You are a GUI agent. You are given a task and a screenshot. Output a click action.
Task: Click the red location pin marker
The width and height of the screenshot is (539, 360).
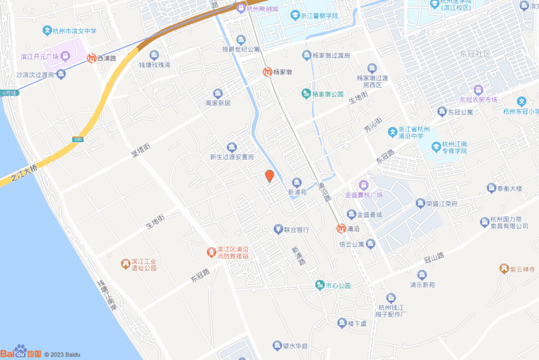pos(269,176)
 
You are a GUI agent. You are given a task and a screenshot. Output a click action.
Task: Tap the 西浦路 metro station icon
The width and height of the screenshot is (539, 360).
pos(91,58)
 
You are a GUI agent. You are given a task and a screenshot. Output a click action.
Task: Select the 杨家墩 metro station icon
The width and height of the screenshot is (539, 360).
pos(267,71)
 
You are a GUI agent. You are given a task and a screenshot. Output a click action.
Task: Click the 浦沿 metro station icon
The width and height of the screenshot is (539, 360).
pos(342,229)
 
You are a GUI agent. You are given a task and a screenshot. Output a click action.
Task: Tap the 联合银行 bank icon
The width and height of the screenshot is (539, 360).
pos(278,230)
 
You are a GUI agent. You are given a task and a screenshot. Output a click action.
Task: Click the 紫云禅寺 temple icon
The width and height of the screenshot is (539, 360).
pos(503,269)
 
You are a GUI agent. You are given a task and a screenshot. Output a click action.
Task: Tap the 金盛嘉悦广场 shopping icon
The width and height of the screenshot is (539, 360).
pos(363,184)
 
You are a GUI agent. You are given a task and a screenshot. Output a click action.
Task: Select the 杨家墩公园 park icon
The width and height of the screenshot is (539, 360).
pos(306,94)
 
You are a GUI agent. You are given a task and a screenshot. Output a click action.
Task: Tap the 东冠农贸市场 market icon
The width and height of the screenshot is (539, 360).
pos(478,89)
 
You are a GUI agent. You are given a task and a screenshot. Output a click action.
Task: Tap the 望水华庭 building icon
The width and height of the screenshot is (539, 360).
pos(277,345)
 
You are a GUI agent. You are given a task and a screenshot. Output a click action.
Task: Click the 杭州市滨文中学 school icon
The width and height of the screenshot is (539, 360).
pos(47,30)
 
